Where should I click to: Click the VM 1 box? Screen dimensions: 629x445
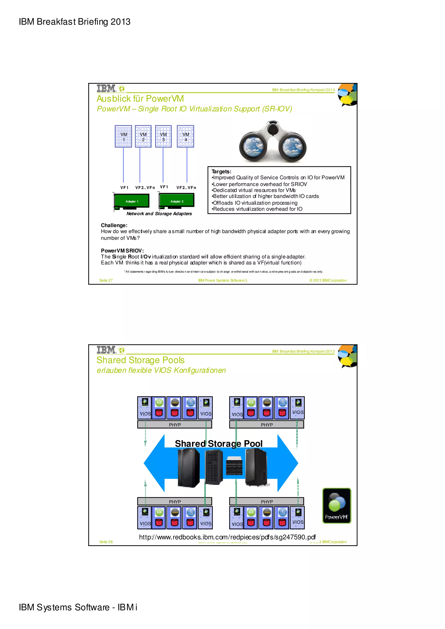click(123, 137)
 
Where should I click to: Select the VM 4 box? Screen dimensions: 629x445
click(185, 137)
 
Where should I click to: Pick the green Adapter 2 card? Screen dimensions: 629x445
click(177, 201)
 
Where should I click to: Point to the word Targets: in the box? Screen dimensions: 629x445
click(221, 171)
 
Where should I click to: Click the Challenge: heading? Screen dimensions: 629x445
click(114, 225)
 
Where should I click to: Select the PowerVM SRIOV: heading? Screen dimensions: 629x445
click(122, 250)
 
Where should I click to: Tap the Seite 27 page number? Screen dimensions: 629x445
click(106, 280)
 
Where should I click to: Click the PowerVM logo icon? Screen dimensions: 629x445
click(336, 506)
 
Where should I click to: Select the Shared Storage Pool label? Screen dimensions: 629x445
click(219, 443)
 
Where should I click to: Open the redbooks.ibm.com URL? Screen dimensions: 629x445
click(227, 537)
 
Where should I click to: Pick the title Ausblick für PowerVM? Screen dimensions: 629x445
click(140, 99)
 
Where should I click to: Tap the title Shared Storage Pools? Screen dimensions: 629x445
click(140, 360)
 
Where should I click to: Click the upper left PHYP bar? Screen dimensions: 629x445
click(175, 425)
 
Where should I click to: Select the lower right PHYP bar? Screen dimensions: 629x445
click(267, 502)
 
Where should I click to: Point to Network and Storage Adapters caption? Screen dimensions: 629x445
click(159, 214)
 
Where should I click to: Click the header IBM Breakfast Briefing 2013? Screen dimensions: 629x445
click(75, 22)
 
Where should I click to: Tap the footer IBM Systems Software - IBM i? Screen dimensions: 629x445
click(78, 607)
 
